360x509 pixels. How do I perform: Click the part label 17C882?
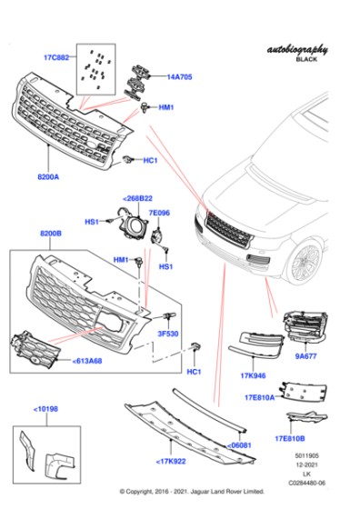pyautogui.click(x=56, y=58)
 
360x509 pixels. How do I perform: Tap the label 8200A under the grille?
pyautogui.click(x=48, y=176)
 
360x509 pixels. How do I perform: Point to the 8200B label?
pyautogui.click(x=52, y=235)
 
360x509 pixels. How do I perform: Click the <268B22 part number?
pyautogui.click(x=137, y=198)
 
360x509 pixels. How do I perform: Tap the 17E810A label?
pyautogui.click(x=259, y=397)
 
